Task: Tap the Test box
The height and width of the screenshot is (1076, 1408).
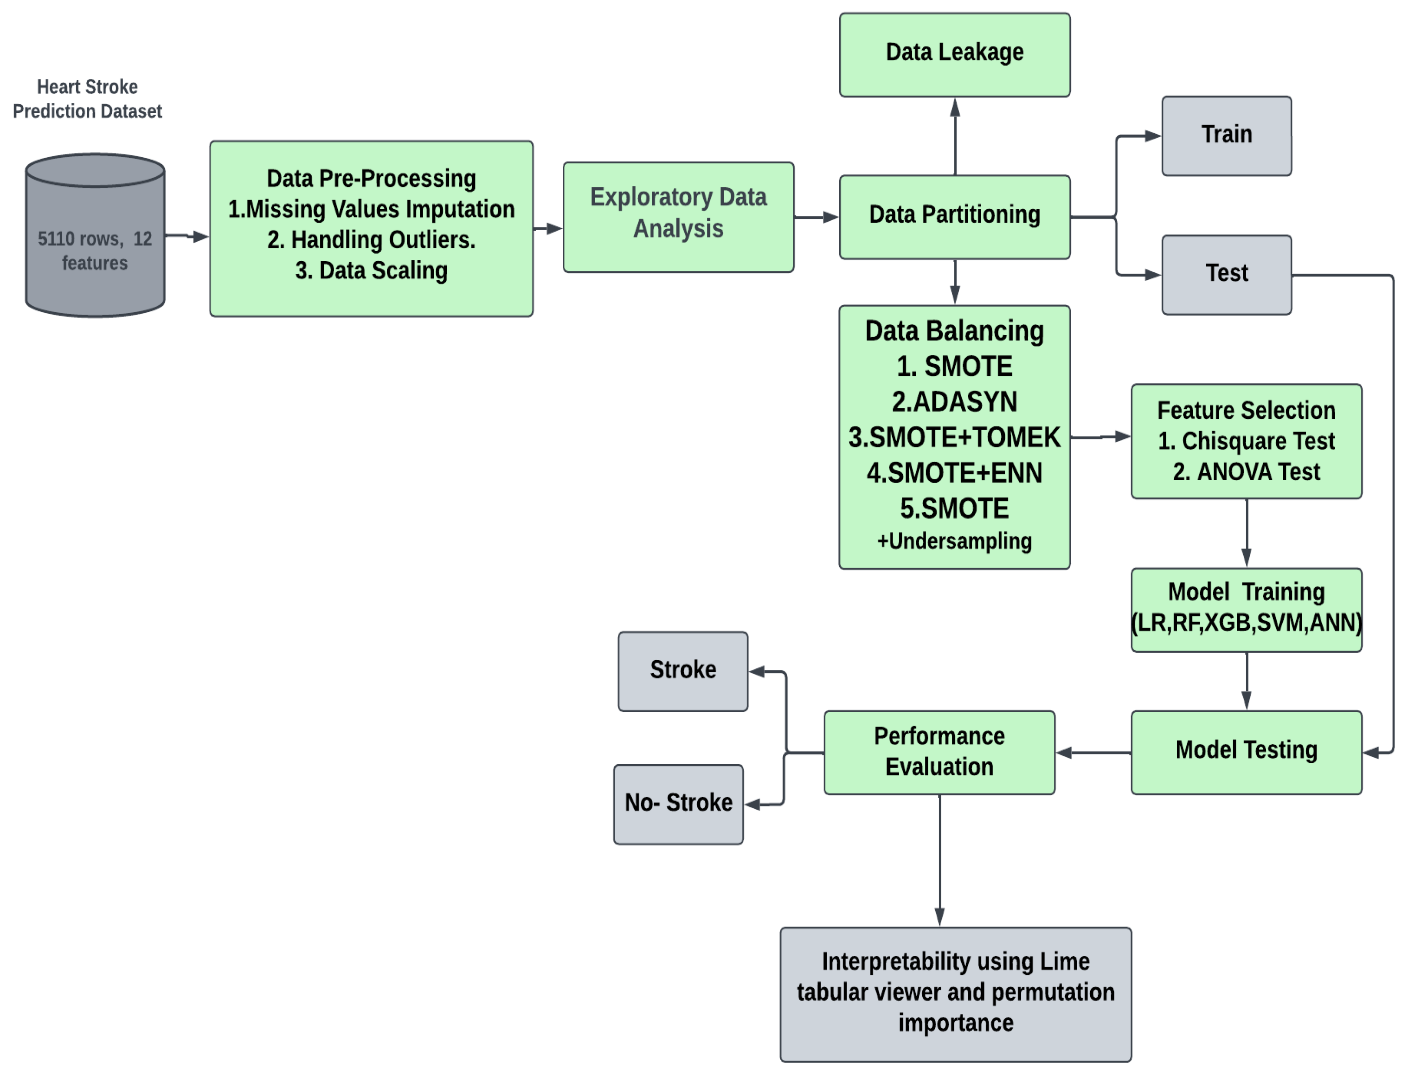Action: [x=1226, y=274]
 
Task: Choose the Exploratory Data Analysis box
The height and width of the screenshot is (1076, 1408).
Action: [x=678, y=217]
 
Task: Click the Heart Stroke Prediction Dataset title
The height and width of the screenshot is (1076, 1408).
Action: [x=87, y=99]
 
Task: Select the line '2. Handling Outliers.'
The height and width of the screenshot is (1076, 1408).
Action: [x=372, y=239]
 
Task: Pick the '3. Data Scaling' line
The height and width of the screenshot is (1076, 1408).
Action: [x=372, y=271]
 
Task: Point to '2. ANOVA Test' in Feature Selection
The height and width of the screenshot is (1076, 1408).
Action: [x=1246, y=472]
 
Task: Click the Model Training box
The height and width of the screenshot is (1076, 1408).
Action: [x=1246, y=610]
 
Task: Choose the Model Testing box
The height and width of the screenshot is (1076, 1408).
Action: [x=1246, y=752]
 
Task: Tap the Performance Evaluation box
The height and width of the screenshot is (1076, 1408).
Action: [x=939, y=752]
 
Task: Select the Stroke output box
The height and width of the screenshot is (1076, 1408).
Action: [x=682, y=671]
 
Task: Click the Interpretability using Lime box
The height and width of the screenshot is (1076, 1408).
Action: [x=955, y=993]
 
